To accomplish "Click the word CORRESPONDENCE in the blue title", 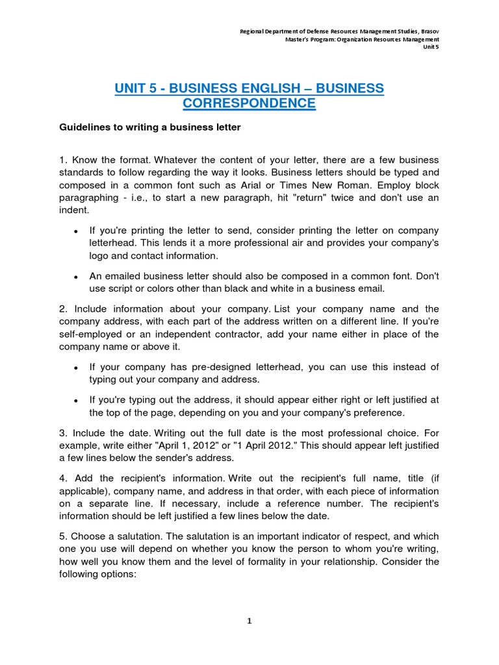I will click(249, 103).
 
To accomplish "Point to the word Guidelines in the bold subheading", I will click(83, 127).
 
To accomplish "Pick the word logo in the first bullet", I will click(100, 255).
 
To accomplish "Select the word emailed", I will click(126, 276).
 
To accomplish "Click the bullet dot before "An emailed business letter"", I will click(76, 277).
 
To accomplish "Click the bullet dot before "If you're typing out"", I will click(76, 401).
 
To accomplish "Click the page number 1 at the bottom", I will click(249, 621).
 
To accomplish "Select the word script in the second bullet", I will click(124, 288).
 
